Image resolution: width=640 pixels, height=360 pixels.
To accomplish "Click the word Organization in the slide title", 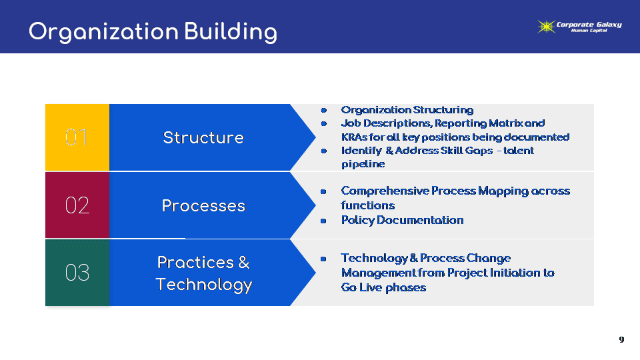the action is pos(104,32).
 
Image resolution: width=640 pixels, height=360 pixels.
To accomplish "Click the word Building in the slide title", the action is pos(231,32).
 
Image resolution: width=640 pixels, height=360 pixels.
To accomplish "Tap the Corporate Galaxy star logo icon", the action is pos(546,27).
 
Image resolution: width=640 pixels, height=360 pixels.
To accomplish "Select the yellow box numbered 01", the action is pos(77,137).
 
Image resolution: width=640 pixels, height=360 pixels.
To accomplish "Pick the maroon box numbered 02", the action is pos(77,205).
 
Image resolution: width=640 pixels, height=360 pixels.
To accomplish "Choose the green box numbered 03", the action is pos(77,272).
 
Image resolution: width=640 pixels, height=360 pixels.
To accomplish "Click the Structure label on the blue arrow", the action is pos(203,137).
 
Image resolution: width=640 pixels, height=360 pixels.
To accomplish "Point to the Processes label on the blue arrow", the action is pos(203,206).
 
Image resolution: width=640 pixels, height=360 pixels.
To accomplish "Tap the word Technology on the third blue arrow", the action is pos(204,285).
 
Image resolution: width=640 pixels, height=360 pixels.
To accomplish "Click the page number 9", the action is pos(621,339).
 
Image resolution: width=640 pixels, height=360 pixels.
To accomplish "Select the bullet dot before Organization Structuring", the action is pos(324,110).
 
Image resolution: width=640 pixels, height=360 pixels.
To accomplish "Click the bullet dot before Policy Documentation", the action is pos(323,221).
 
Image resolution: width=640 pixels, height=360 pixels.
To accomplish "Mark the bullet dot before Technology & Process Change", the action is pos(323,259).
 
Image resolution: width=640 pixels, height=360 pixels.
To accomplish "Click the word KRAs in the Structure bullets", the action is pos(354,137).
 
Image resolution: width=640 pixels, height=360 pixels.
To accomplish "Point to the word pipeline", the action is pos(363,164).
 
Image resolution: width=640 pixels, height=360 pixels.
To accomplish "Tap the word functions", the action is pos(368,205).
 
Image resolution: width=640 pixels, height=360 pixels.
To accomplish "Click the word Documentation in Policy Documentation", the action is pos(420,221).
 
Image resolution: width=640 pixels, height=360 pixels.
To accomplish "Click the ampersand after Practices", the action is pos(244,263).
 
